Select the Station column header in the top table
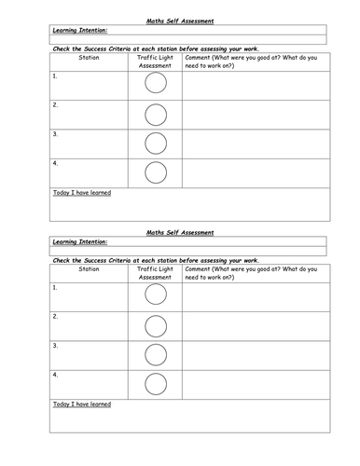point(89,58)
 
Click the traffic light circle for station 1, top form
point(156,84)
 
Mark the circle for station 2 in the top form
point(156,114)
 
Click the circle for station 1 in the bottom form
point(156,295)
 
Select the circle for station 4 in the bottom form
point(156,384)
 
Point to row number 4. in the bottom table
point(56,375)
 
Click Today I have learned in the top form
point(82,193)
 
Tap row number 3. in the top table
point(56,133)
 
